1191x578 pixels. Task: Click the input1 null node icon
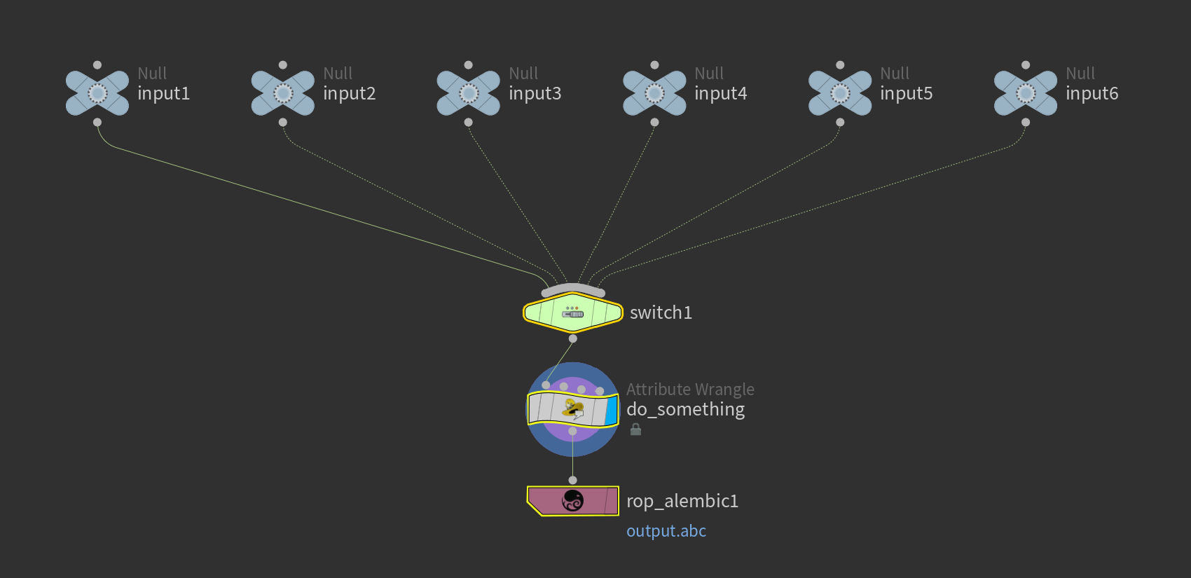pos(97,93)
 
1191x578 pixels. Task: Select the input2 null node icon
pos(283,93)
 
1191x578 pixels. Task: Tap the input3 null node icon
pos(469,93)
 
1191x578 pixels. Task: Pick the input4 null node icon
pos(654,93)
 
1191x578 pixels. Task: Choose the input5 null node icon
pos(840,93)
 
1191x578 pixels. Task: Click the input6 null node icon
pos(1026,93)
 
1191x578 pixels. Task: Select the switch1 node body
pos(573,312)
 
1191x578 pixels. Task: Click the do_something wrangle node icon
pos(573,409)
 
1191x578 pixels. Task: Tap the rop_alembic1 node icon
pos(573,501)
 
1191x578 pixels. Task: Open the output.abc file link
pos(666,531)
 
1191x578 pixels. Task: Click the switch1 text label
pos(661,312)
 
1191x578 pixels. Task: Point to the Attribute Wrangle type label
pos(690,390)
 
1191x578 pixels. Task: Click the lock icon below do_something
pos(635,429)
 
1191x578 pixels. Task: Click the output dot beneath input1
pos(97,122)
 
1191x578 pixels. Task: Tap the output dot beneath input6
pos(1026,122)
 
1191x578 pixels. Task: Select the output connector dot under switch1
pos(573,338)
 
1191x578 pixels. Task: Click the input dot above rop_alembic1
pos(573,480)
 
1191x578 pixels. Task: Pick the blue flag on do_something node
pos(612,410)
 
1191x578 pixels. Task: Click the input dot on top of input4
pos(654,65)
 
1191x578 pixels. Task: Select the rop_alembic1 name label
pos(682,501)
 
